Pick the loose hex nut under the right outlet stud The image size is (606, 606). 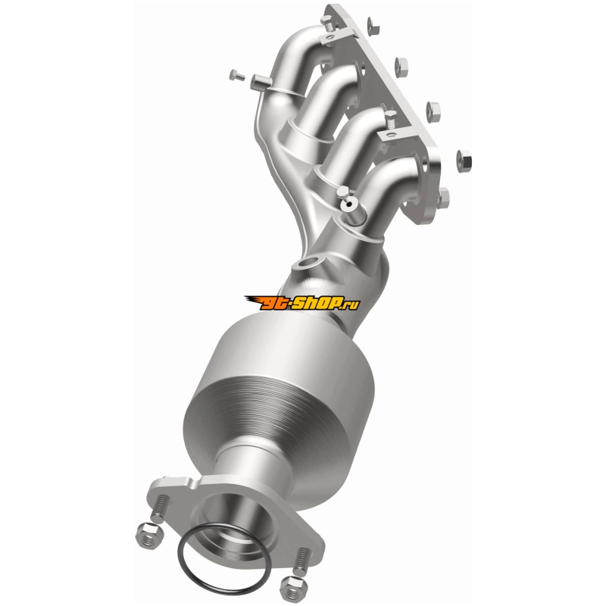click(x=292, y=589)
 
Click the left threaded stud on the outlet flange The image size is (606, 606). click(x=161, y=508)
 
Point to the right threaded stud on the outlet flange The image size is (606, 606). click(x=301, y=561)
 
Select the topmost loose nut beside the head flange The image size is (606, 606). click(x=373, y=26)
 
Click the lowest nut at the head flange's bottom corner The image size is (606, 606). click(x=444, y=198)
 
